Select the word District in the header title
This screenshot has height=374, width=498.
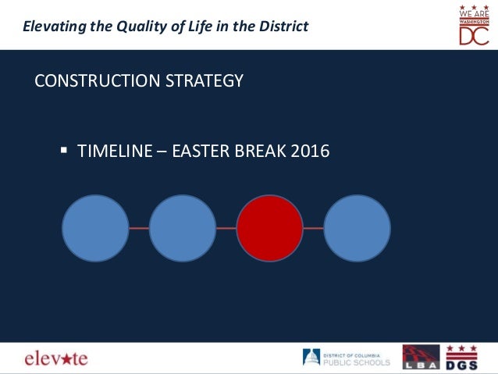point(282,27)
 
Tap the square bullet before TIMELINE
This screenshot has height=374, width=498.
point(65,148)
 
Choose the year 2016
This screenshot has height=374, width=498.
point(310,150)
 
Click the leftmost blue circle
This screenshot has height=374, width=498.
point(95,228)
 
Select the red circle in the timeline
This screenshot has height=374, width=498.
point(269,228)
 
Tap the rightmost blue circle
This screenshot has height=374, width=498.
point(357,228)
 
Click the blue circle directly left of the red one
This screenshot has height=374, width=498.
point(182,228)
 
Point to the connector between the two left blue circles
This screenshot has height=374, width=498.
point(139,228)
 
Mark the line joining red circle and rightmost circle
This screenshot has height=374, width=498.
point(313,228)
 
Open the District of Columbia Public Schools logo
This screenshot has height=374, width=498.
point(347,358)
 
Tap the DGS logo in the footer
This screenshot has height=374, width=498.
point(461,358)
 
